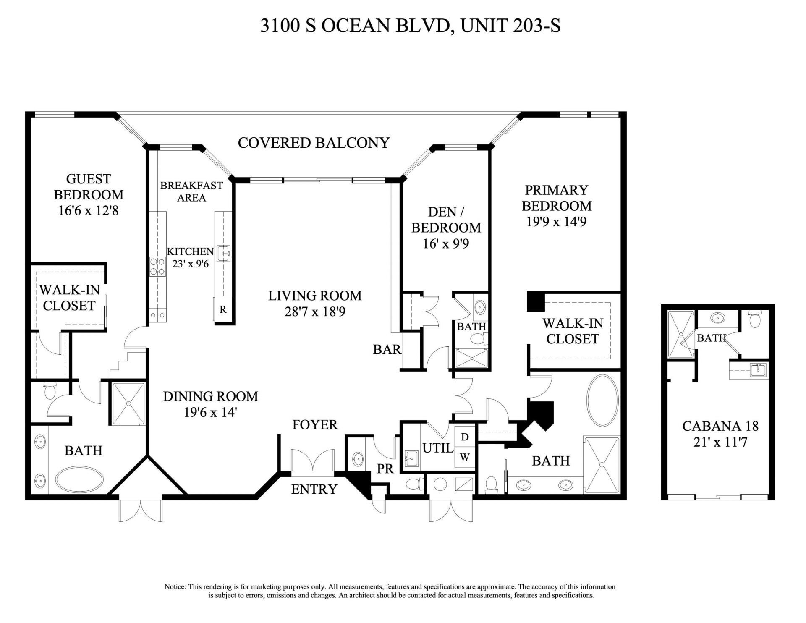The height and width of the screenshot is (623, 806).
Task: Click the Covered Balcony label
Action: click(314, 143)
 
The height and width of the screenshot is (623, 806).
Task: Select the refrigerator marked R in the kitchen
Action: click(223, 310)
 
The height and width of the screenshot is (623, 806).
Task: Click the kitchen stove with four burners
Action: click(157, 266)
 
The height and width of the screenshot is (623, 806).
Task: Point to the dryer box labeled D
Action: click(465, 437)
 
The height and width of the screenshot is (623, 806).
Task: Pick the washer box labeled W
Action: click(465, 457)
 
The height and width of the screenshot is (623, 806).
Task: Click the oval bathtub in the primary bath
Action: click(602, 400)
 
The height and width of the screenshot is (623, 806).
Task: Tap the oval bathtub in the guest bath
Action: click(79, 480)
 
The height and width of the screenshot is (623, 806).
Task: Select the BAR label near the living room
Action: click(387, 349)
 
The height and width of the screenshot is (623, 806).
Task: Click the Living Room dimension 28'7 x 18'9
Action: click(315, 311)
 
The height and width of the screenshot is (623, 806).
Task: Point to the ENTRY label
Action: click(314, 489)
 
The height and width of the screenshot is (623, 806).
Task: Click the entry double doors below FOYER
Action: click(313, 462)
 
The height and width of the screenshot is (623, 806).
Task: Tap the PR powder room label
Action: click(385, 469)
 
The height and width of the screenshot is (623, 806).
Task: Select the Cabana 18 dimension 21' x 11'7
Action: click(720, 442)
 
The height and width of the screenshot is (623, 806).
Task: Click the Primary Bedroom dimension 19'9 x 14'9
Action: click(556, 222)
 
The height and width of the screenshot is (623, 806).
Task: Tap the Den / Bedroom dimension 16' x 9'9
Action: click(446, 243)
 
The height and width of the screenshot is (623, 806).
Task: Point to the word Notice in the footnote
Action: click(175, 586)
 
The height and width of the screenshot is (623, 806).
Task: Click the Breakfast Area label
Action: click(191, 191)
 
